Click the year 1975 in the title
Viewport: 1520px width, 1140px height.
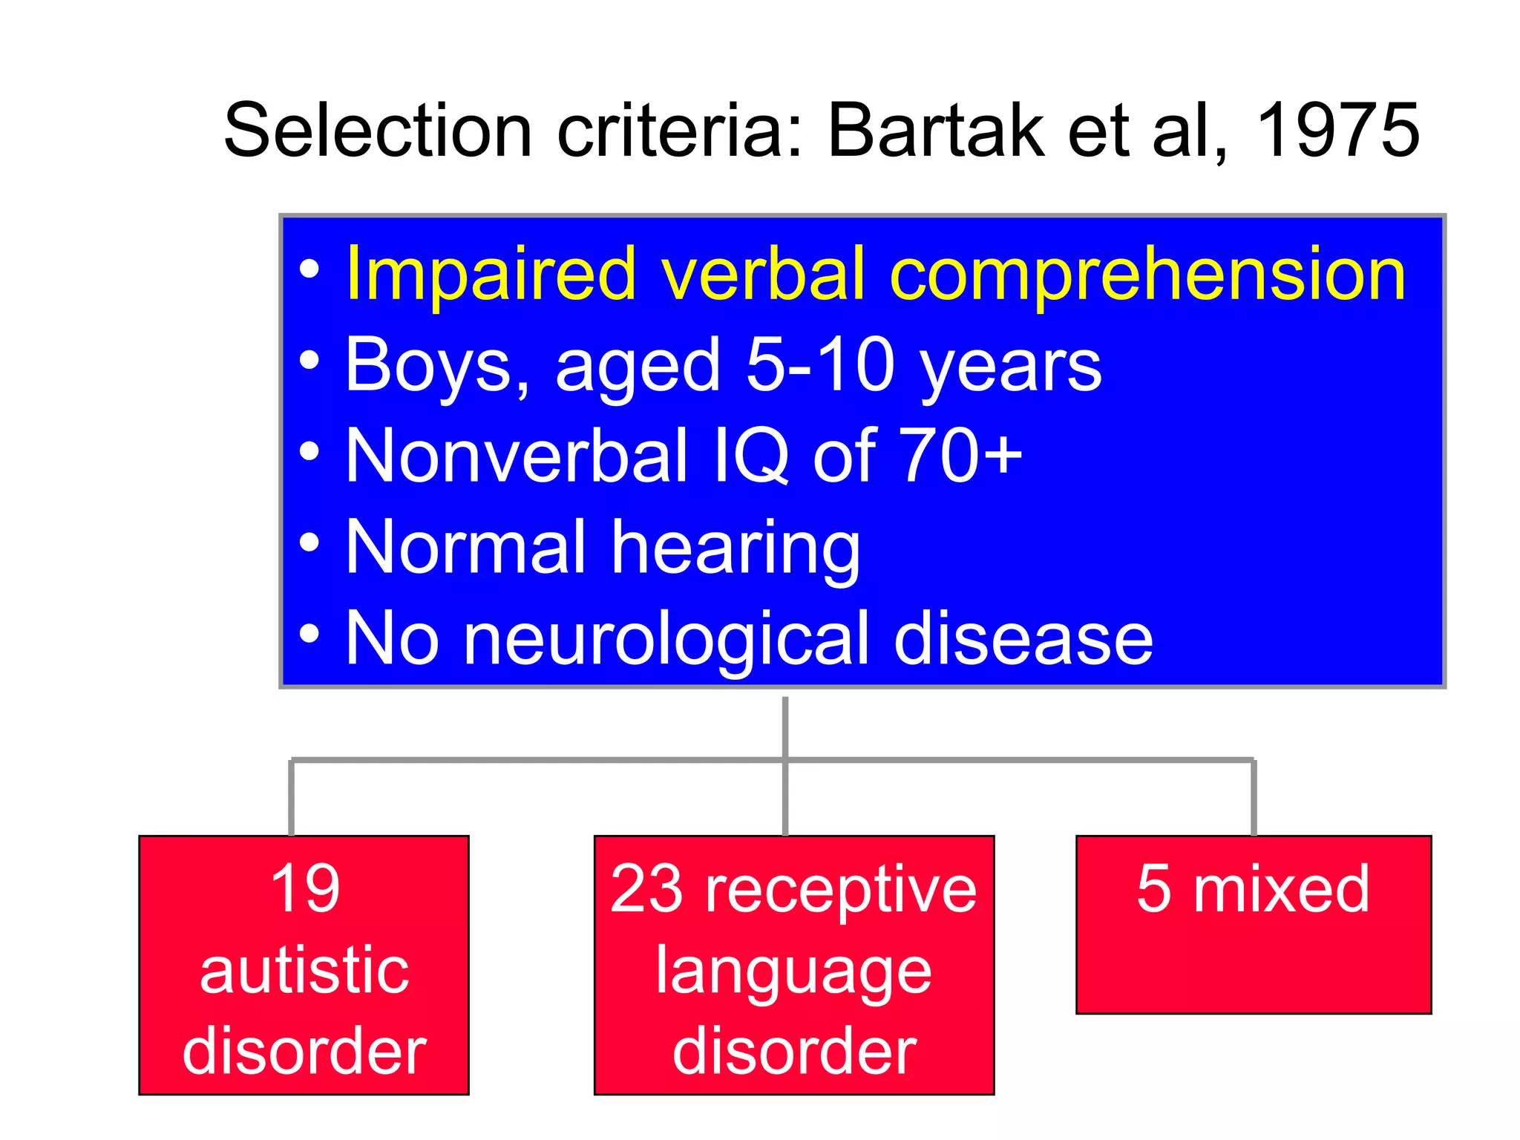click(1337, 131)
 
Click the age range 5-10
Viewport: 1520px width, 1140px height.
click(820, 364)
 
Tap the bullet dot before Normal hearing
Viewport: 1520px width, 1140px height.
click(309, 544)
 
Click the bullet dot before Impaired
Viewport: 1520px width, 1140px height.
click(309, 270)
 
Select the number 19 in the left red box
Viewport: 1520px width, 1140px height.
click(305, 888)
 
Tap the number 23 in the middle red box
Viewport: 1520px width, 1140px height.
click(646, 888)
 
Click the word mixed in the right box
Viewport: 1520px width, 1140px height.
click(1281, 888)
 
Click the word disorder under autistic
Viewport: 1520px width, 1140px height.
click(304, 1051)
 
